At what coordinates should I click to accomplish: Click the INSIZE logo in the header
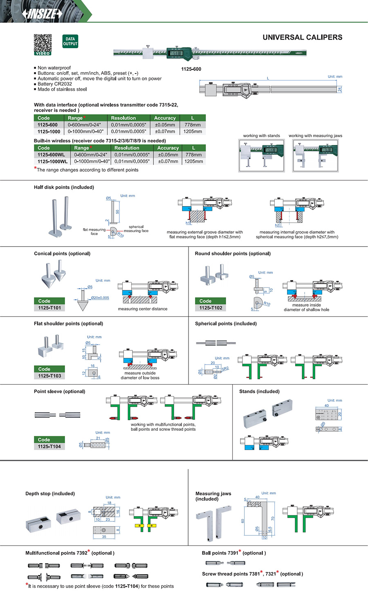pyautogui.click(x=43, y=13)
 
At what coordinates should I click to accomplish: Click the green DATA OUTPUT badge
pyautogui.click(x=70, y=41)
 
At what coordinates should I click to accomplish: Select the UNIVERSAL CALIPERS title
pyautogui.click(x=302, y=37)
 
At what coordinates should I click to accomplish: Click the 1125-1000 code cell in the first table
pyautogui.click(x=49, y=131)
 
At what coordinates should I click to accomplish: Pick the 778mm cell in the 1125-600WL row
pyautogui.click(x=193, y=155)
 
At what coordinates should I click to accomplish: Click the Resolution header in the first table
pyautogui.click(x=123, y=118)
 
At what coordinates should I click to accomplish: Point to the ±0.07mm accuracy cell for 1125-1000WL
pyautogui.click(x=168, y=161)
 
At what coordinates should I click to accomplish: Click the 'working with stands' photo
pyautogui.click(x=261, y=156)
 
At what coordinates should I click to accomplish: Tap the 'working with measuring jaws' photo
pyautogui.click(x=315, y=156)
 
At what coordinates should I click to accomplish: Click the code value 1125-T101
pyautogui.click(x=49, y=308)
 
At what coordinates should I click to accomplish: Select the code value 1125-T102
pyautogui.click(x=211, y=308)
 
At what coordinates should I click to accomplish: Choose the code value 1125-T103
pyautogui.click(x=49, y=376)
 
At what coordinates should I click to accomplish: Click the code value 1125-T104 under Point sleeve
pyautogui.click(x=49, y=446)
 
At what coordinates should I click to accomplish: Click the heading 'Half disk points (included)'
pyautogui.click(x=64, y=187)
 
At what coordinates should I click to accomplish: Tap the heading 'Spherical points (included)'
pyautogui.click(x=226, y=323)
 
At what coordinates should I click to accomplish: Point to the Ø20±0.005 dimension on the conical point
pyautogui.click(x=100, y=298)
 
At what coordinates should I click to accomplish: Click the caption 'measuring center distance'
pyautogui.click(x=142, y=309)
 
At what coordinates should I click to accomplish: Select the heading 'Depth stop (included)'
pyautogui.click(x=50, y=494)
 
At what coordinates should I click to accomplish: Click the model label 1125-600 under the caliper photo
pyautogui.click(x=191, y=69)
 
